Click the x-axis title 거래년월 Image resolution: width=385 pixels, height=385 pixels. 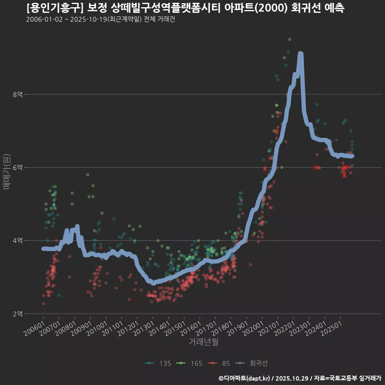[x=204, y=342]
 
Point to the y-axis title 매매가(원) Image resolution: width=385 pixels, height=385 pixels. [x=6, y=172]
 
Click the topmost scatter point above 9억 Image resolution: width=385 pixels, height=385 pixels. [x=290, y=39]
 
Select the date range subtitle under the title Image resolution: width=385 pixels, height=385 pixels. [x=100, y=19]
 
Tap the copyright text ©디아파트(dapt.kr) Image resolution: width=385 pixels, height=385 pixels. [x=244, y=378]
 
